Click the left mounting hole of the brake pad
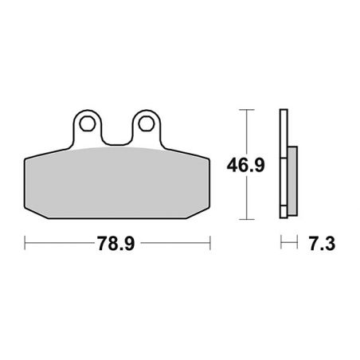coord(87,123)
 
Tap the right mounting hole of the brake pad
coord(145,123)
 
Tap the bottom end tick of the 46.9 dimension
coord(247,217)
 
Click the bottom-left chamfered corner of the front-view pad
coord(29,213)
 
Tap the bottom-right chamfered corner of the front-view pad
coord(205,213)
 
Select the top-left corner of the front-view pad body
coord(27,156)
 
